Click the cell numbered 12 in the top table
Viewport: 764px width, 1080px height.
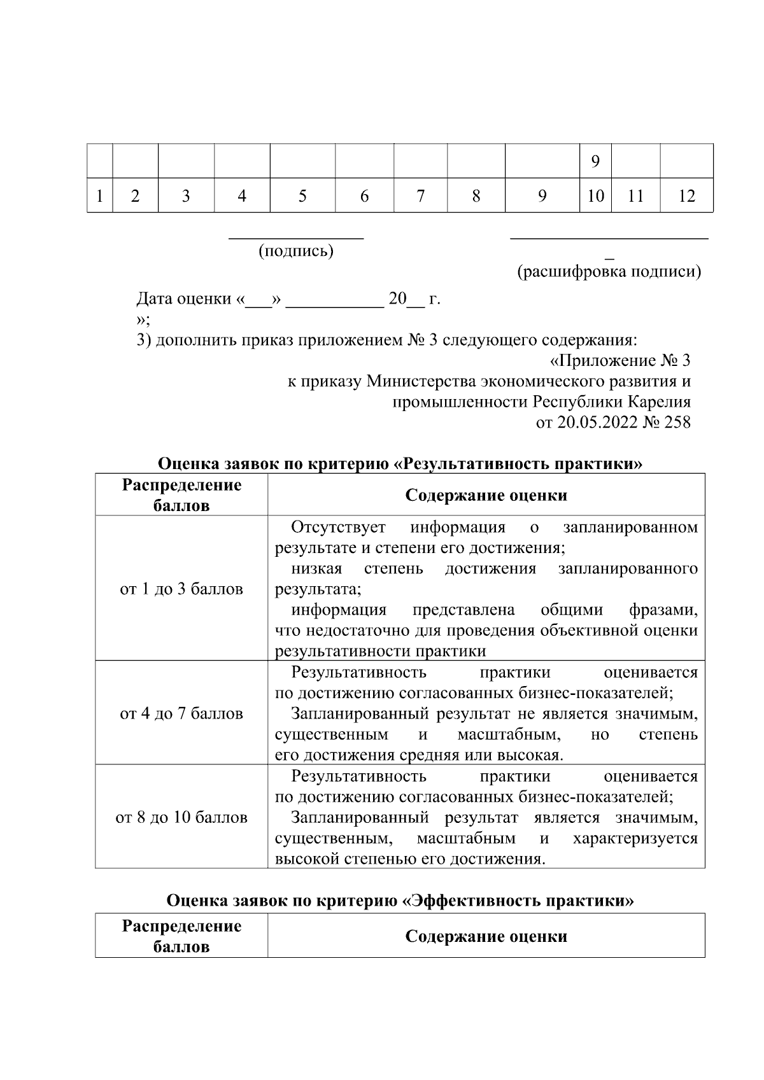pyautogui.click(x=686, y=196)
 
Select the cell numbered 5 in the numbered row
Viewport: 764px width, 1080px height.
pyautogui.click(x=302, y=196)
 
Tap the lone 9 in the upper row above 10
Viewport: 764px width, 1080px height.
pyautogui.click(x=595, y=162)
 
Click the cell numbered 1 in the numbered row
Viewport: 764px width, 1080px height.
pyautogui.click(x=100, y=196)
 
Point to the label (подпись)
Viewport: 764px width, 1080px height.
pyautogui.click(x=296, y=251)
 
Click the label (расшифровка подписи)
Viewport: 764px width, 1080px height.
pyautogui.click(x=609, y=272)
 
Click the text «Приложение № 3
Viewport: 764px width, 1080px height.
pyautogui.click(x=619, y=361)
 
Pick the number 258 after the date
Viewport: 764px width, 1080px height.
pyautogui.click(x=677, y=422)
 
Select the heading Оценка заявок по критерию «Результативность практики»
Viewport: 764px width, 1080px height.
pyautogui.click(x=400, y=463)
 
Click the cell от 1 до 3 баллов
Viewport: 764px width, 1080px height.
pyautogui.click(x=181, y=589)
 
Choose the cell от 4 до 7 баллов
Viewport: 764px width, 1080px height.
pyautogui.click(x=181, y=713)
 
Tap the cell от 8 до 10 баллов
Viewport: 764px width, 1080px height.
pyautogui.click(x=181, y=817)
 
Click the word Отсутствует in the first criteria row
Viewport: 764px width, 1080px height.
pyautogui.click(x=338, y=527)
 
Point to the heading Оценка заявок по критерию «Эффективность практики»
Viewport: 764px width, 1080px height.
pyautogui.click(x=400, y=901)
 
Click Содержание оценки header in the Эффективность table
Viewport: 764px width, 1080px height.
pyautogui.click(x=486, y=936)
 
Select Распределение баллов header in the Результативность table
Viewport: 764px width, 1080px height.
pyautogui.click(x=181, y=495)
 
